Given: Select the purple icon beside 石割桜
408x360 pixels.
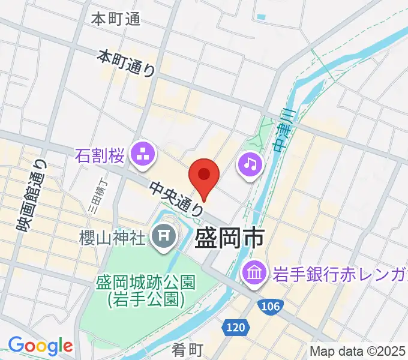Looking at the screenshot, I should click(144, 154).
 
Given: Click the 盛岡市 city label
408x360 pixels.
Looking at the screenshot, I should click(230, 238).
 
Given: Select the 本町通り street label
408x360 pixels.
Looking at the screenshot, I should click(127, 63).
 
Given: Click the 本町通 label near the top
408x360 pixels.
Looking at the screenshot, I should click(116, 19).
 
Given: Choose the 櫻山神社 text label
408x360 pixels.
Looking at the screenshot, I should click(113, 238).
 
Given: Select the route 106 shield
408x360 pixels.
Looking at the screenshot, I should click(271, 307).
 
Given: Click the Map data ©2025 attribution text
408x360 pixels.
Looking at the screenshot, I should click(358, 351).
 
